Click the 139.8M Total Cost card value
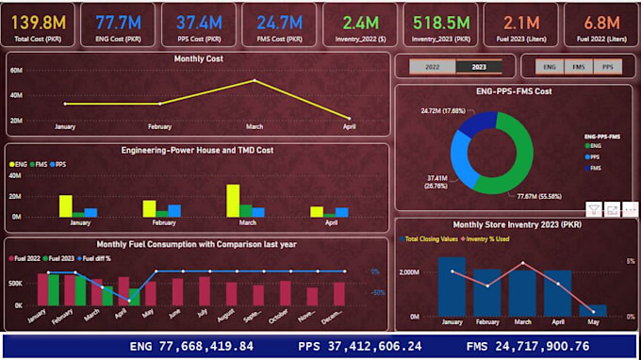[38, 20]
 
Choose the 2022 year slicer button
[432, 67]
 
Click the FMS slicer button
[579, 67]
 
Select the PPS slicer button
[608, 67]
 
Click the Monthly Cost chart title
[198, 59]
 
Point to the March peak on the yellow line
[255, 81]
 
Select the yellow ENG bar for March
[232, 201]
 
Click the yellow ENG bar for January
[65, 206]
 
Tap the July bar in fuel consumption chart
[205, 290]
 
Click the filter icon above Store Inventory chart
[594, 208]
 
